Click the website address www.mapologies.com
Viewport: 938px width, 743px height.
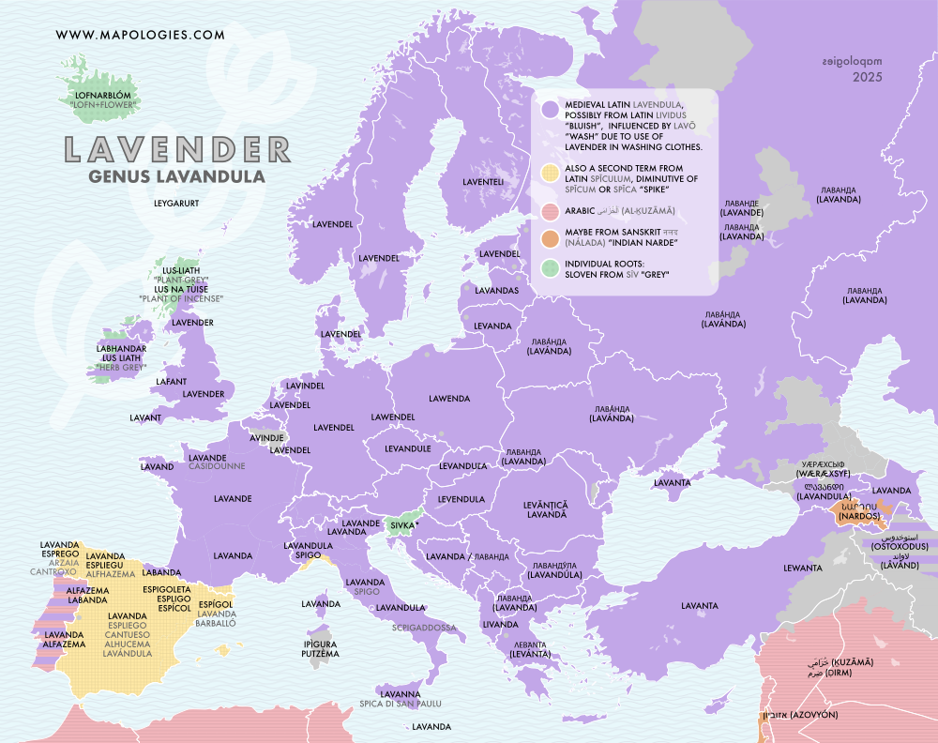(x=141, y=35)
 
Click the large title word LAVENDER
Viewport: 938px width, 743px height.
(x=176, y=150)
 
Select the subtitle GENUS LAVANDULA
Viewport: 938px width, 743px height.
(x=175, y=175)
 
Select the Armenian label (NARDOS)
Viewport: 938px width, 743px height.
(x=859, y=517)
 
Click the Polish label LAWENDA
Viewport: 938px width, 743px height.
(x=449, y=399)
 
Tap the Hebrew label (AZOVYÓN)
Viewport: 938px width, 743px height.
(x=808, y=715)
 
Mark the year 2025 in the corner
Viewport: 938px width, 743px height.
(x=869, y=79)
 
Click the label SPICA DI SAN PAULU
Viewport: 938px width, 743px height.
(x=400, y=704)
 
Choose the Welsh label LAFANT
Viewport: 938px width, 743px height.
(x=173, y=382)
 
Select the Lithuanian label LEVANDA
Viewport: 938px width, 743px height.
(x=492, y=326)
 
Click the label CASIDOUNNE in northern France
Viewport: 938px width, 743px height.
(x=217, y=466)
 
